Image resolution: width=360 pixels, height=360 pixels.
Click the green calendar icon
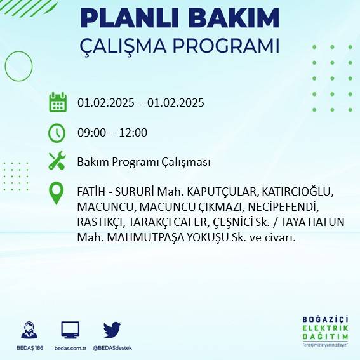click(58, 102)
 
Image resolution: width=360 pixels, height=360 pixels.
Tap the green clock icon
click(57, 133)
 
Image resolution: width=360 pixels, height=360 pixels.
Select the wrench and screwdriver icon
click(57, 161)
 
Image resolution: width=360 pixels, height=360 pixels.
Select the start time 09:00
click(90, 133)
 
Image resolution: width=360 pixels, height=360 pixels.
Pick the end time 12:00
click(134, 133)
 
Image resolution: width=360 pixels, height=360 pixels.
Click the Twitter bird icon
click(112, 330)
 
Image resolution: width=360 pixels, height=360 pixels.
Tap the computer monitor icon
click(70, 330)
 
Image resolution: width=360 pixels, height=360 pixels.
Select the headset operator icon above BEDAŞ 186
click(29, 330)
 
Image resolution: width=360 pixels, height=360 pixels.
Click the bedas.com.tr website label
click(70, 348)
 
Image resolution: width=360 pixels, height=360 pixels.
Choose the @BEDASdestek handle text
click(112, 348)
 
